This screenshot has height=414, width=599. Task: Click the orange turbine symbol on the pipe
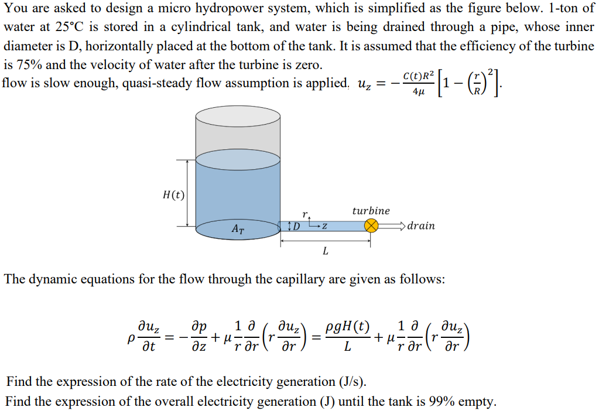pyautogui.click(x=371, y=226)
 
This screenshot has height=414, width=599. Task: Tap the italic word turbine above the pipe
pyautogui.click(x=371, y=211)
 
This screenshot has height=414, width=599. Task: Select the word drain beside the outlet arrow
pyautogui.click(x=421, y=226)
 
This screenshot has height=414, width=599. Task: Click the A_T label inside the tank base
pyautogui.click(x=238, y=230)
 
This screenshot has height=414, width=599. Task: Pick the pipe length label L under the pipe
pyautogui.click(x=326, y=251)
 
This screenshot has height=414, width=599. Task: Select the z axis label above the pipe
pyautogui.click(x=323, y=225)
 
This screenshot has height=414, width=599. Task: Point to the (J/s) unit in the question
pyautogui.click(x=353, y=382)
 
